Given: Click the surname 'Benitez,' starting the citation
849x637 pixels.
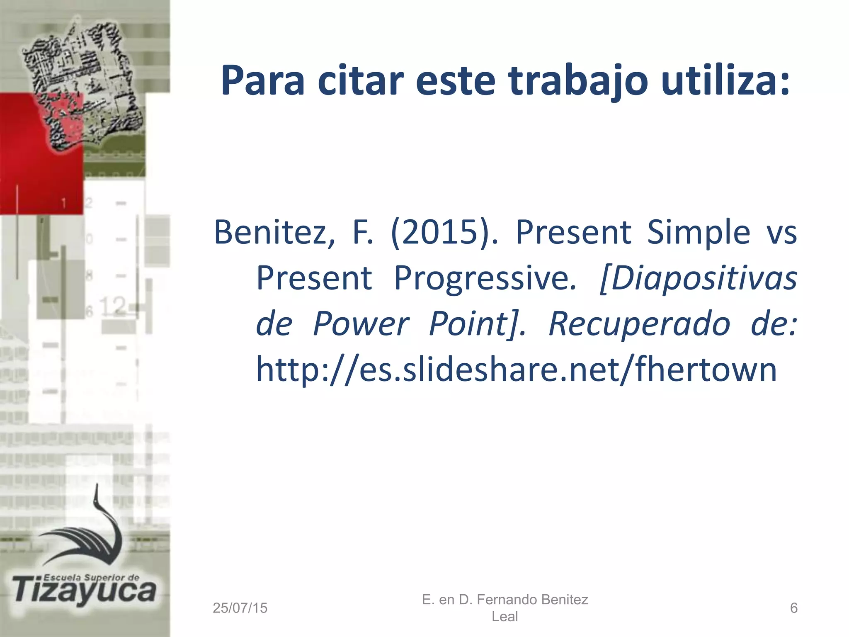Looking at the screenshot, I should [274, 232].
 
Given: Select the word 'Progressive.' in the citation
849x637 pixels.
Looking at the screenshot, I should [485, 278].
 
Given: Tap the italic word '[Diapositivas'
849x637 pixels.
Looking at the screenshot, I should [698, 278].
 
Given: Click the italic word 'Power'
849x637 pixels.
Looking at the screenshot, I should [361, 323].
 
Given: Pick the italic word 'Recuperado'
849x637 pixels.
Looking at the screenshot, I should [639, 323].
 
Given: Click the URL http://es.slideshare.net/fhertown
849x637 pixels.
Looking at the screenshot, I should [516, 369].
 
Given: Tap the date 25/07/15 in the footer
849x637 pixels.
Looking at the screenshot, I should [240, 608].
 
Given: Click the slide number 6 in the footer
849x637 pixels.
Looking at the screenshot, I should [793, 608].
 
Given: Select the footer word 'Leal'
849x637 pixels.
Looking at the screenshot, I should [505, 617].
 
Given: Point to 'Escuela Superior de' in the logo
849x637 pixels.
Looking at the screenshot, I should [91, 577].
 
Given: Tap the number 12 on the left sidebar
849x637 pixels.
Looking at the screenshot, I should [113, 306].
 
